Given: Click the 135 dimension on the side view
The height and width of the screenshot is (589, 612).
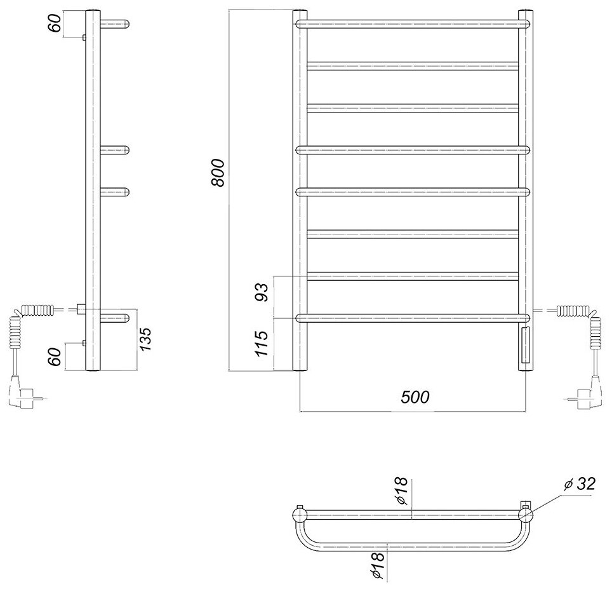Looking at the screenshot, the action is [145, 340].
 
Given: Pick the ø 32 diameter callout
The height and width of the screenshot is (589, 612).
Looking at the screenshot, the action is [579, 485].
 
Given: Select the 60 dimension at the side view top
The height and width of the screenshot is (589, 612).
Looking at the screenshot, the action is [56, 24].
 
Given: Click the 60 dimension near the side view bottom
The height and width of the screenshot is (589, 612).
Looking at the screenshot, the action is [56, 356].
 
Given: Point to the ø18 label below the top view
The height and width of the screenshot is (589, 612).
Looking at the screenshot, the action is [378, 565].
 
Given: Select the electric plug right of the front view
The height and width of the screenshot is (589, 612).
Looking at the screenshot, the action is [588, 392].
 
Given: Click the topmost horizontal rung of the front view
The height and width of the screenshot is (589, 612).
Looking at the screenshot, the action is [413, 24].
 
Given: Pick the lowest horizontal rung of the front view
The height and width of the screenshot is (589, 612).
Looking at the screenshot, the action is [413, 317].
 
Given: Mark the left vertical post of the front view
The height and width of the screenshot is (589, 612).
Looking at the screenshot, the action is [301, 191].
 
